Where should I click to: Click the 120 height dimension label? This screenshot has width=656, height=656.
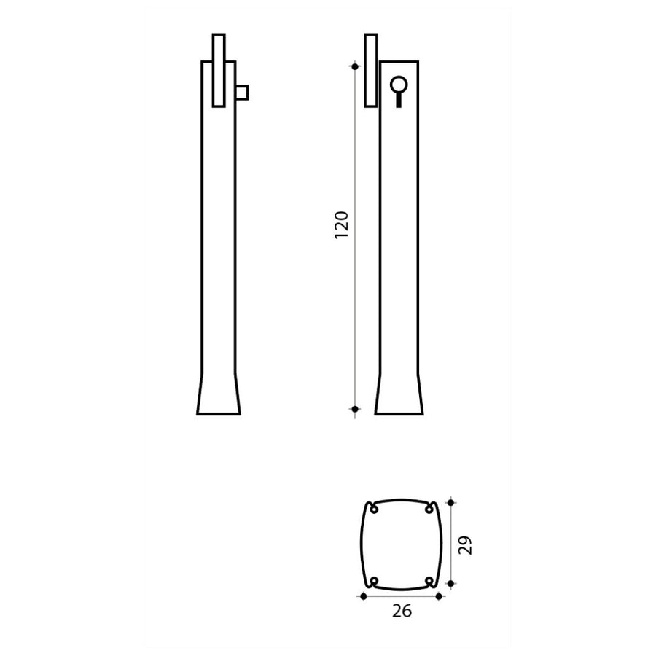coord(342,225)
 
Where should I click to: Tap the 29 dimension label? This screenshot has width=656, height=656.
coord(465,545)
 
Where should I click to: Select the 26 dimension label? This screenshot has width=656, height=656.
coord(402,612)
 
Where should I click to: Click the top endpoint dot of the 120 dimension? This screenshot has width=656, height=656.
coord(355,66)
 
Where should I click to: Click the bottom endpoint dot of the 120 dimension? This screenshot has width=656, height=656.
coord(355,409)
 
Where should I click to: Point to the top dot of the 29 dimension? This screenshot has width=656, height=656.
coord(450,502)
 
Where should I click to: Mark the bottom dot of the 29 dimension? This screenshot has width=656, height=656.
coord(450,584)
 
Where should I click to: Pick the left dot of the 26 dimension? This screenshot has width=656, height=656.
coord(363,596)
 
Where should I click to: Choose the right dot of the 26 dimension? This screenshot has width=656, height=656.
coord(439,596)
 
